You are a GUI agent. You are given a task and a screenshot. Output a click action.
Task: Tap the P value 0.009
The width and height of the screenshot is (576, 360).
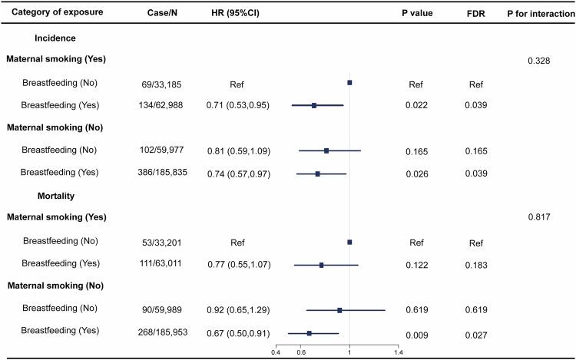pyautogui.click(x=416, y=333)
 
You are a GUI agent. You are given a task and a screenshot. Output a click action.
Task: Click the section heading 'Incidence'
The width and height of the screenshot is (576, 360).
pyautogui.click(x=55, y=36)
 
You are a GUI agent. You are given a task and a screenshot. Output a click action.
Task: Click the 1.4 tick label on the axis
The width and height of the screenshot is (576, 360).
pyautogui.click(x=398, y=352)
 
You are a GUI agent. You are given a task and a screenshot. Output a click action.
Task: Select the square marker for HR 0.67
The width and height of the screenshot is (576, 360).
pyautogui.click(x=310, y=333)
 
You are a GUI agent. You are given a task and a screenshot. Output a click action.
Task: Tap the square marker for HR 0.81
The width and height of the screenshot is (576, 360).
pyautogui.click(x=326, y=150)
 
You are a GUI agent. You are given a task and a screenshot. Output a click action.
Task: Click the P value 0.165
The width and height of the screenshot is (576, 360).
pyautogui.click(x=416, y=150)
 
